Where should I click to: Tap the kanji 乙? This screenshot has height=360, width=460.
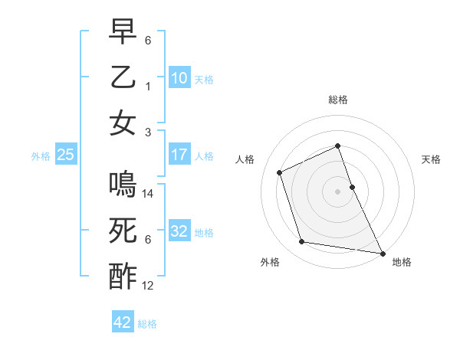(x=123, y=80)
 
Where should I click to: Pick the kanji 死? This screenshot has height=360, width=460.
(x=123, y=231)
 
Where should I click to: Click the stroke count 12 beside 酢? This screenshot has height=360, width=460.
(x=149, y=286)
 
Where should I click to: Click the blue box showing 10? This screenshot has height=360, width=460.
(x=179, y=78)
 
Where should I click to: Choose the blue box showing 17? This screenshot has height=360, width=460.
(x=179, y=155)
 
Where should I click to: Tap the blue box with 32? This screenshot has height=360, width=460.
(x=179, y=231)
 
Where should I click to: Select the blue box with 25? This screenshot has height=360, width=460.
(x=65, y=155)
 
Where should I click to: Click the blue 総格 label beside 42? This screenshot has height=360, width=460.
(x=147, y=323)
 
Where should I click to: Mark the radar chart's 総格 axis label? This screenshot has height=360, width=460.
(x=338, y=100)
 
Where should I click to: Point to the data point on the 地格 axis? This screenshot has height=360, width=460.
(x=383, y=253)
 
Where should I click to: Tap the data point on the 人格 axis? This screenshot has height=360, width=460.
(x=280, y=172)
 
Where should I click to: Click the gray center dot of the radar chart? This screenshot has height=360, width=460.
(x=338, y=191)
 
